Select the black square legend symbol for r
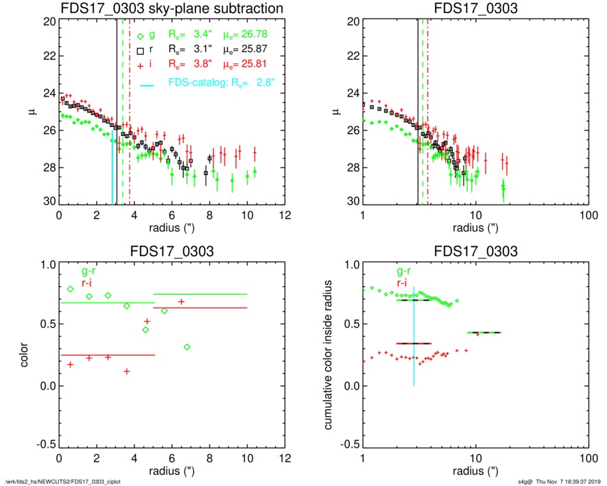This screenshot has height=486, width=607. pos(140,51)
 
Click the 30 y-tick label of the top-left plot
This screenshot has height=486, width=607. pos(49,201)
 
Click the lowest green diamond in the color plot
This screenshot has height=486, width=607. pos(187,347)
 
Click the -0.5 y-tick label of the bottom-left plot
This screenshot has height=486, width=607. pos(43,445)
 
